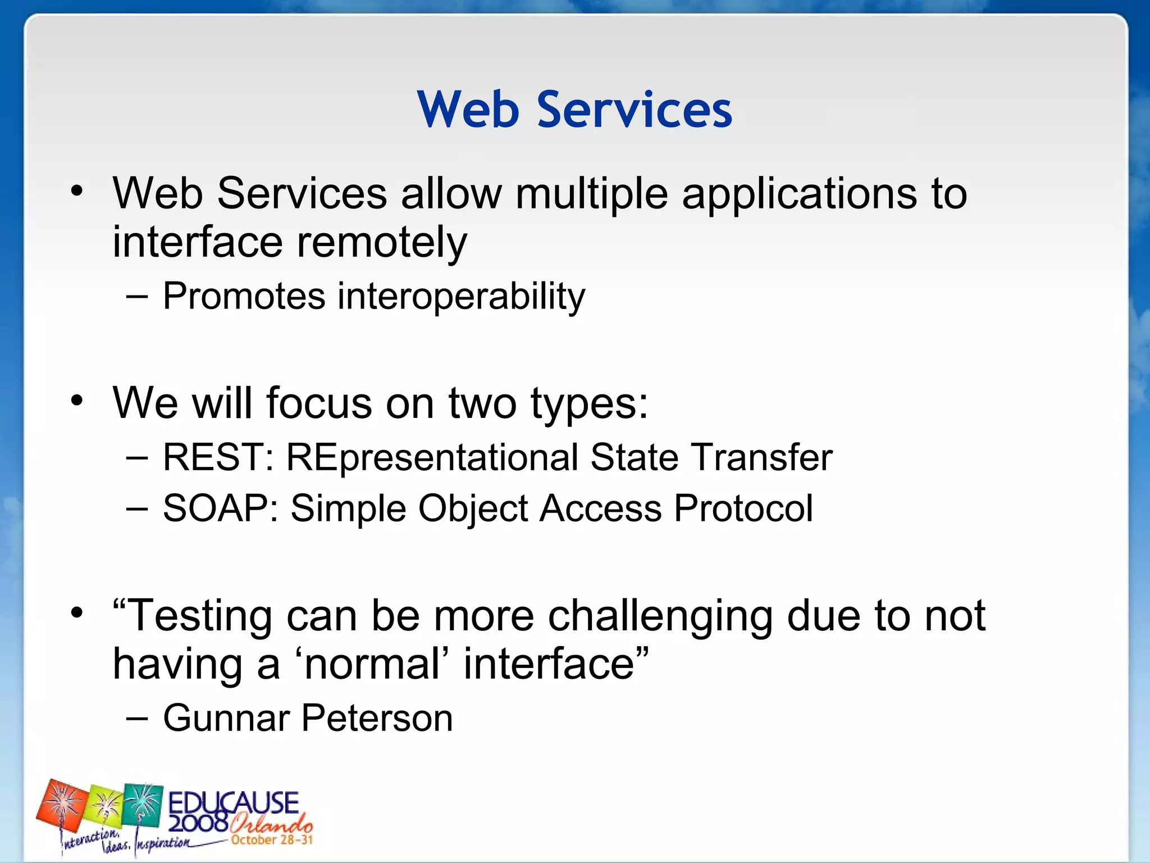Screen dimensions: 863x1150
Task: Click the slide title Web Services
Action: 574,110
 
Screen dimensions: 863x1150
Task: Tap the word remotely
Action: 381,243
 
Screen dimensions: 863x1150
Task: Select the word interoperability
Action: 460,297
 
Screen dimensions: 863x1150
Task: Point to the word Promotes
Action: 244,296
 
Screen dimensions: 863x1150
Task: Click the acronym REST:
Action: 218,457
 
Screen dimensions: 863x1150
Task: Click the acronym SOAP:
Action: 220,508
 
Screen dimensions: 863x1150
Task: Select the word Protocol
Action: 743,508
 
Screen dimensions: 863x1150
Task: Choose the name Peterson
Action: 377,718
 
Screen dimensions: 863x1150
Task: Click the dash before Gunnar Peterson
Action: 138,718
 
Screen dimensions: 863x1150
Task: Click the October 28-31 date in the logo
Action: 272,840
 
